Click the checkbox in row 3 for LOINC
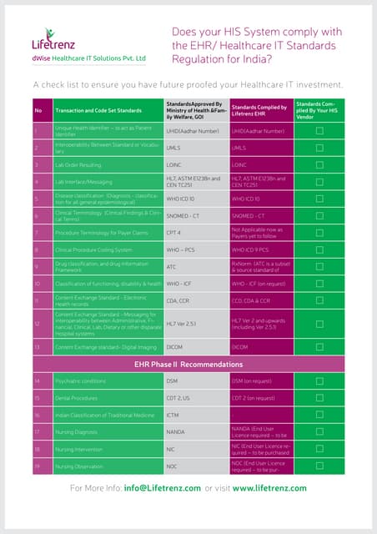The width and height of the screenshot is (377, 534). pyautogui.click(x=319, y=165)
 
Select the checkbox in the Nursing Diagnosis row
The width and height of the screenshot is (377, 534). pyautogui.click(x=319, y=431)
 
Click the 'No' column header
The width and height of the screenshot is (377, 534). pyautogui.click(x=38, y=110)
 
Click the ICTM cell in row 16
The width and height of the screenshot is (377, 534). pyautogui.click(x=174, y=415)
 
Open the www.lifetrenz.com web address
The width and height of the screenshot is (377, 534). pyautogui.click(x=269, y=488)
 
